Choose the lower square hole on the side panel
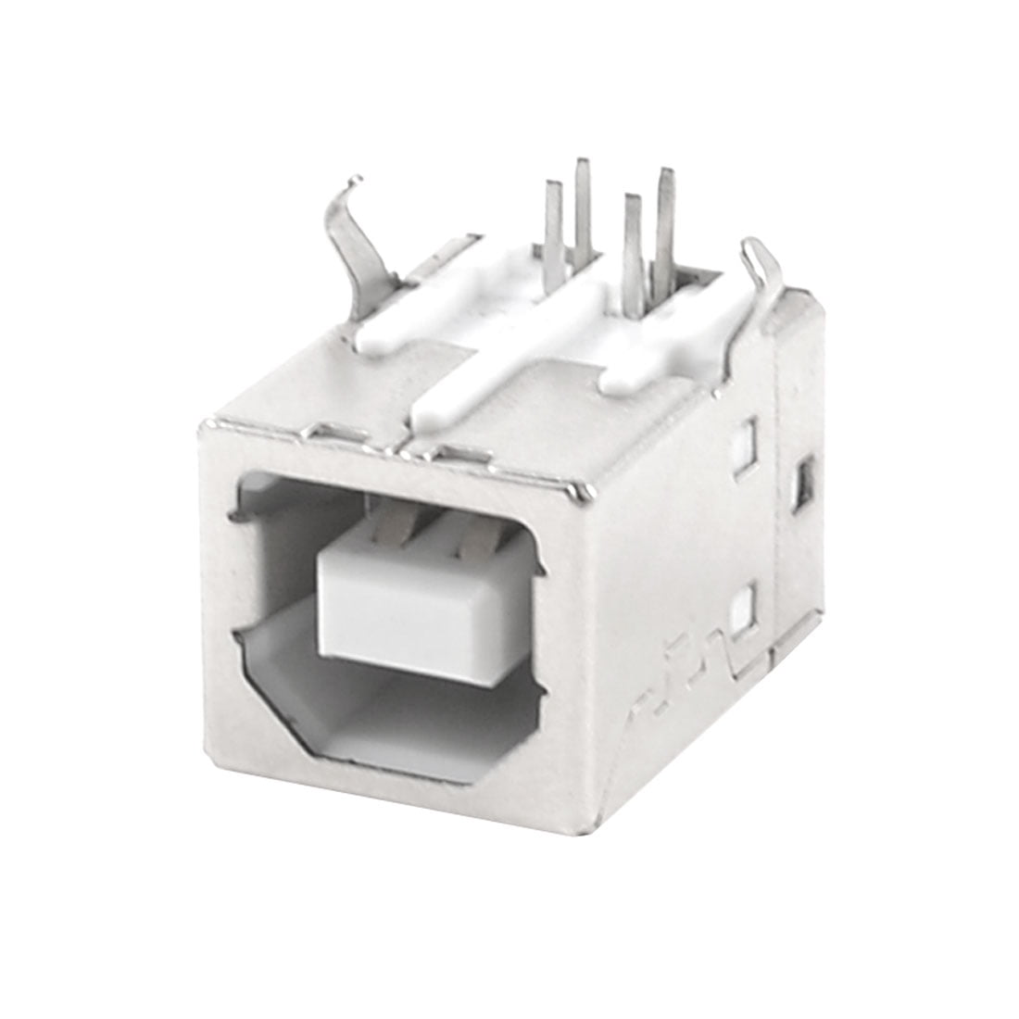[742, 610]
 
